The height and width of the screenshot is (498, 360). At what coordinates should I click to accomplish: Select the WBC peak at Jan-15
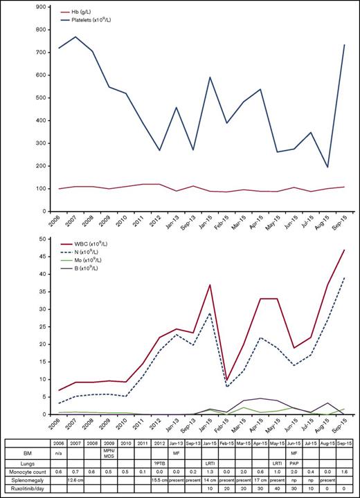click(x=209, y=284)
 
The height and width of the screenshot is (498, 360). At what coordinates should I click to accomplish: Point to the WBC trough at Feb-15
click(x=228, y=380)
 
